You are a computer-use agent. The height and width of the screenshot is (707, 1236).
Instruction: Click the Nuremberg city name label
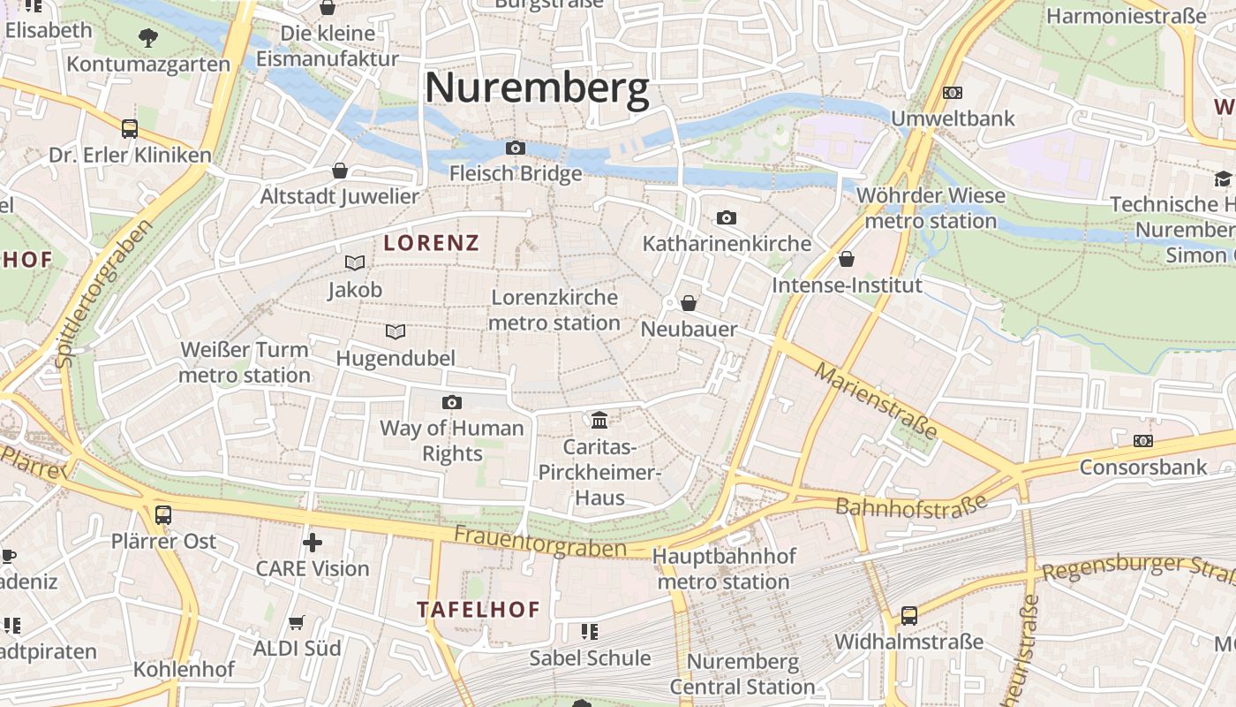click(537, 88)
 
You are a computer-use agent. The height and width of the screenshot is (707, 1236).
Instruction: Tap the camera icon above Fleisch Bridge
click(516, 148)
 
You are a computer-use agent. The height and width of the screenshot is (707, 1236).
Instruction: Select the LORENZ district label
click(432, 243)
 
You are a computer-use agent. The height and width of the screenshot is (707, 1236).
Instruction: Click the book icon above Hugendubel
click(396, 332)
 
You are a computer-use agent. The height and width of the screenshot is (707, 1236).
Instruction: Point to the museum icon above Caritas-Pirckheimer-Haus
click(599, 419)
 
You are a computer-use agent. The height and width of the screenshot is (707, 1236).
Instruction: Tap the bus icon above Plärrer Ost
click(163, 514)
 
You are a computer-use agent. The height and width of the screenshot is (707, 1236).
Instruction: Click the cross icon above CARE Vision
click(313, 542)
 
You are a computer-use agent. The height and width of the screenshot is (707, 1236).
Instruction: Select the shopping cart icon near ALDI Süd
click(297, 623)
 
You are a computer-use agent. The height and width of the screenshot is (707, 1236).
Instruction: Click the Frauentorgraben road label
click(540, 542)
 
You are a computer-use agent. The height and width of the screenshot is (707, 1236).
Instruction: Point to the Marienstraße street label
click(875, 400)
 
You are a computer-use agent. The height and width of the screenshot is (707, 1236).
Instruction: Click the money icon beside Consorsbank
click(1143, 440)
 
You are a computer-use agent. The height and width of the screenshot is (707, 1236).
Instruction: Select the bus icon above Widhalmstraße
click(909, 615)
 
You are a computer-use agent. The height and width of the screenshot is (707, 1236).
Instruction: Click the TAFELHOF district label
click(478, 610)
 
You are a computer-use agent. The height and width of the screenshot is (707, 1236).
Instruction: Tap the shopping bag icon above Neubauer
click(689, 303)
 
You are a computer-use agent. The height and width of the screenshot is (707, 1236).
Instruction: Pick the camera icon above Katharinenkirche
click(727, 217)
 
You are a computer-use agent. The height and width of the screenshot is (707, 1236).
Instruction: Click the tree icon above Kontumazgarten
click(148, 38)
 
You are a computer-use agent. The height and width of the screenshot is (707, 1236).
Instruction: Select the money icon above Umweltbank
click(953, 92)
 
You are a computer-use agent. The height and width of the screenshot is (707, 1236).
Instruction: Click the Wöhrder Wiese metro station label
click(931, 208)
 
